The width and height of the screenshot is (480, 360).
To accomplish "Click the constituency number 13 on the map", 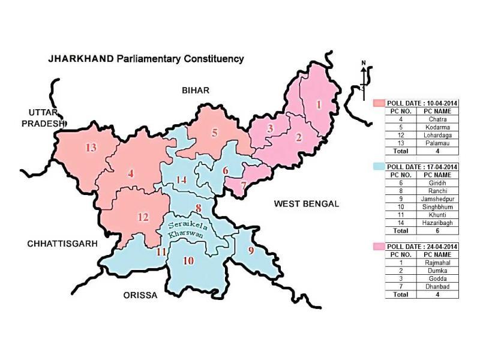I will (x=91, y=148).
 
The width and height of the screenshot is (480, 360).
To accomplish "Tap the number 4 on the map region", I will (x=130, y=174).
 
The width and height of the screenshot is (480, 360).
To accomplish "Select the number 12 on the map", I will (x=143, y=217).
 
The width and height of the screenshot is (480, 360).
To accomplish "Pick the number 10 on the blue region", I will (x=188, y=260).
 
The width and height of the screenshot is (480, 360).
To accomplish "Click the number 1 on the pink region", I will (x=319, y=104).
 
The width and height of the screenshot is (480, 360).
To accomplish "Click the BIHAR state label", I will (x=196, y=90).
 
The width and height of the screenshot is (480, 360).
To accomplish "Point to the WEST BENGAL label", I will (x=306, y=204).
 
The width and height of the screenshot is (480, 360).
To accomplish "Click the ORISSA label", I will (x=140, y=295).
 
